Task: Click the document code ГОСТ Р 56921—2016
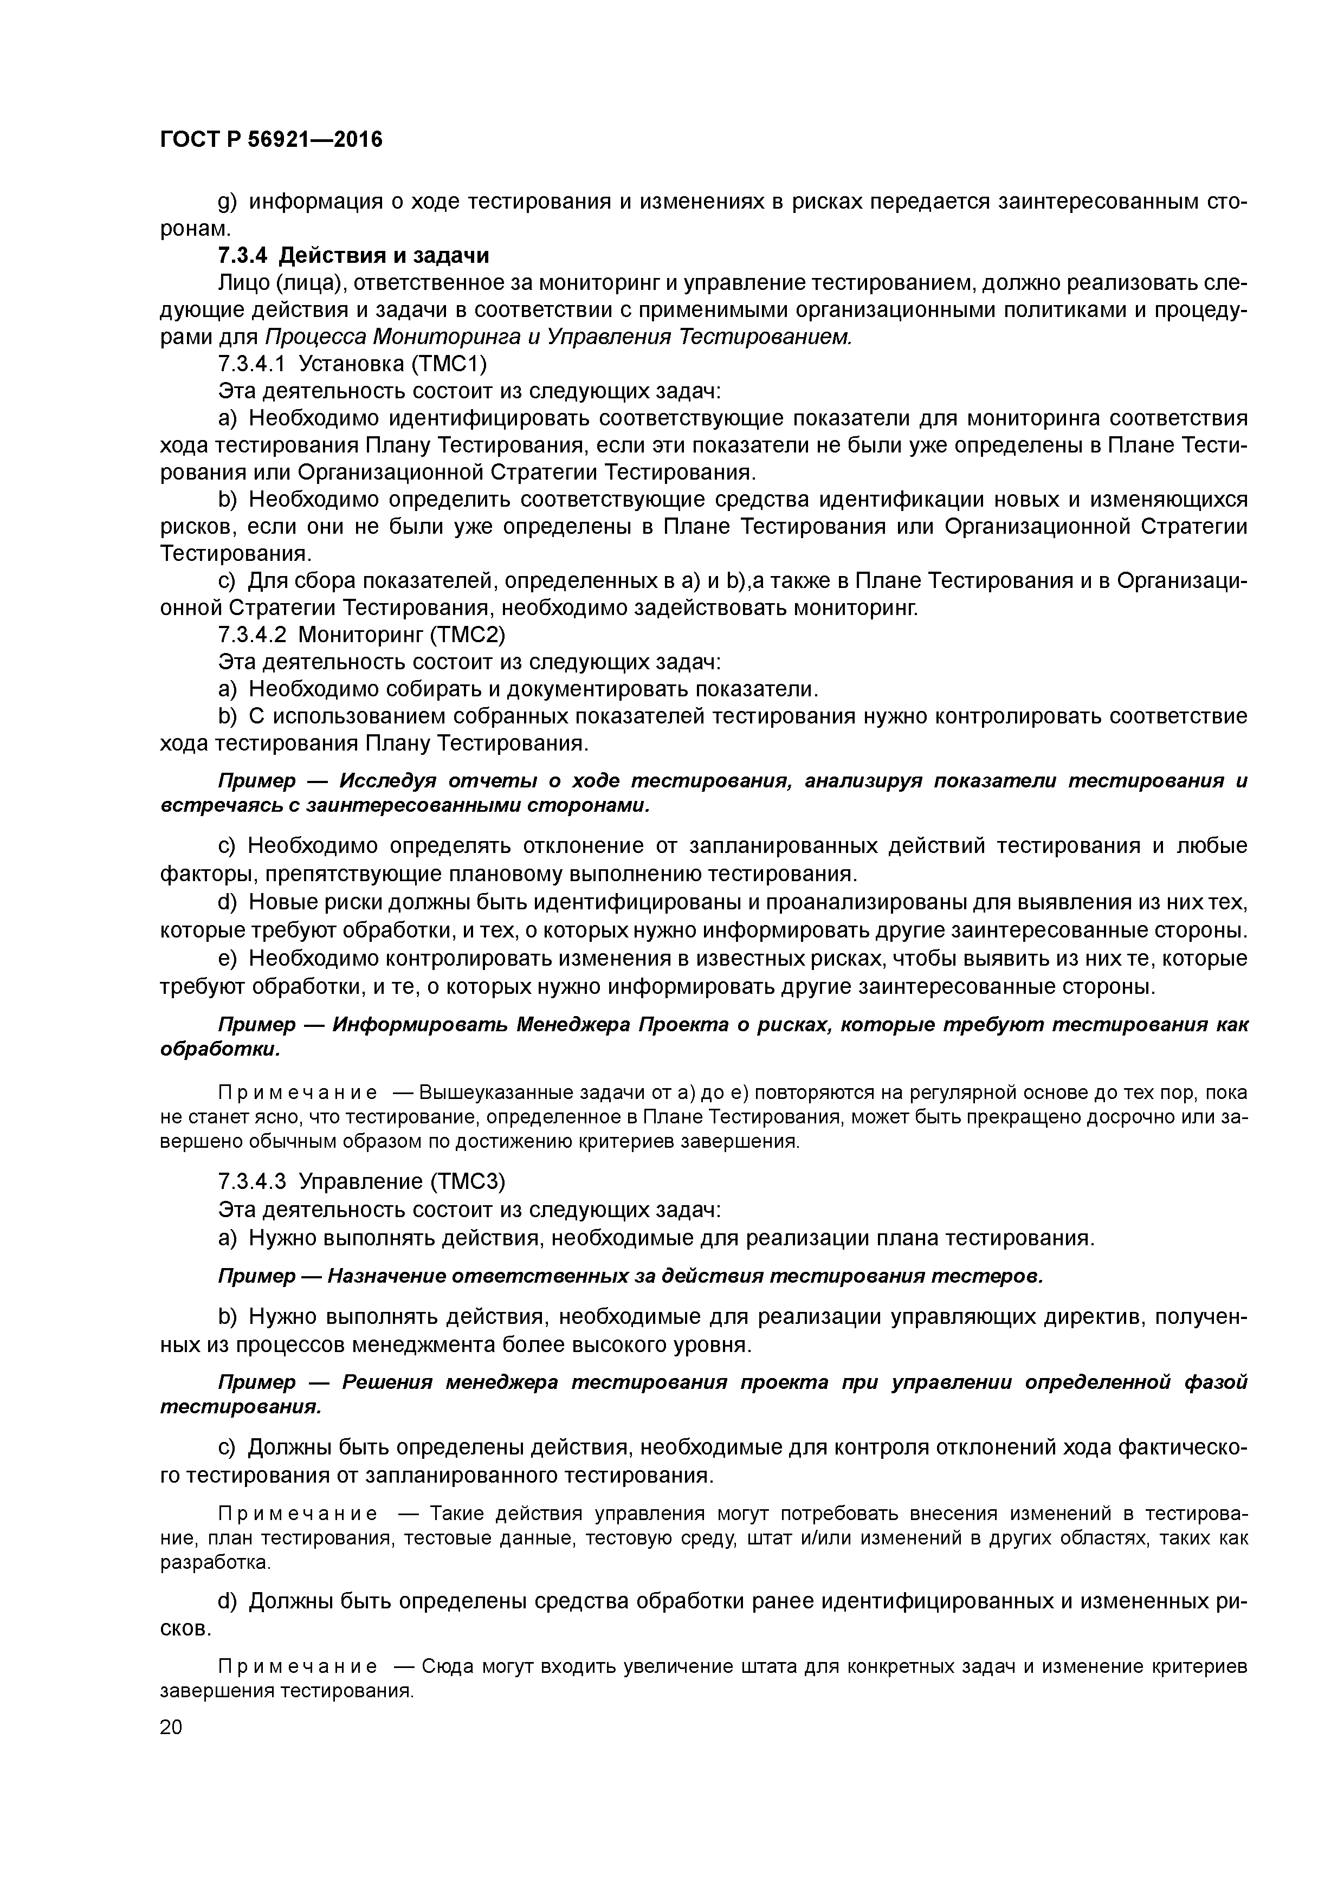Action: pos(271,139)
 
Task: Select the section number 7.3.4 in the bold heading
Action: pos(244,255)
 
